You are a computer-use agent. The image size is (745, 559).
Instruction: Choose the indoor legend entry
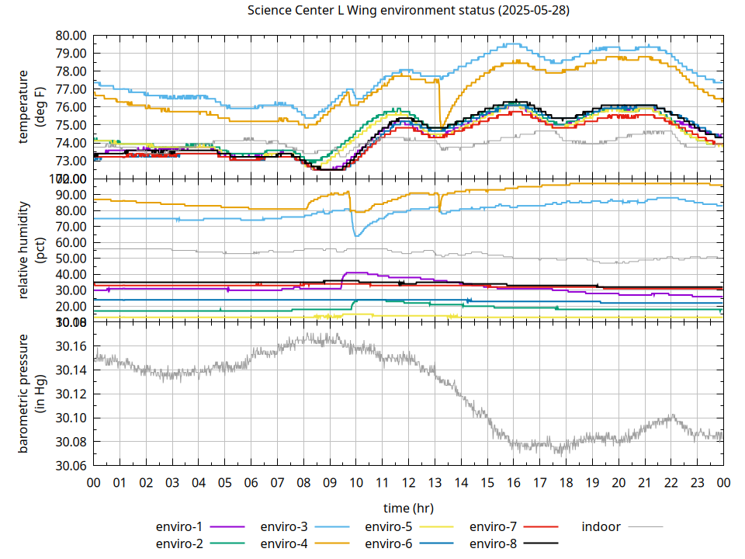tap(601, 526)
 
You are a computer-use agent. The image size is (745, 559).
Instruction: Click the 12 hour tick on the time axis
tap(408, 482)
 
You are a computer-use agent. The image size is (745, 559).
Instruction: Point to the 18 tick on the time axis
tap(566, 482)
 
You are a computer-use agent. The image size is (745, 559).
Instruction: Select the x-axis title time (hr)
tap(408, 508)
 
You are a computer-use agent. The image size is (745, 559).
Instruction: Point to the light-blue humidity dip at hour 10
tap(356, 234)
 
